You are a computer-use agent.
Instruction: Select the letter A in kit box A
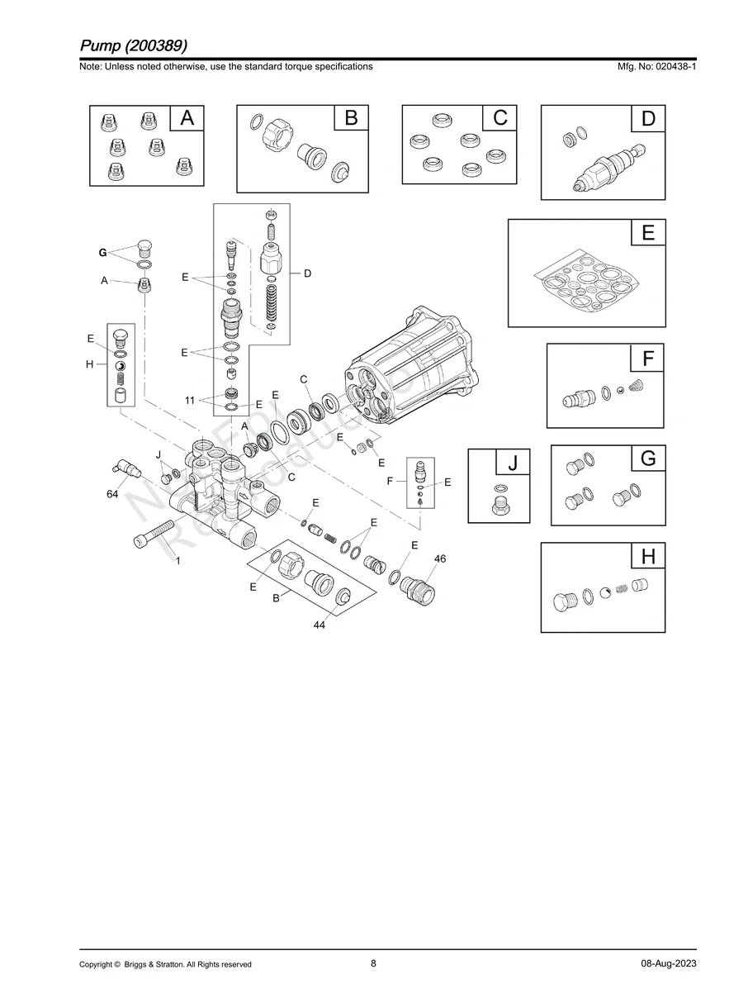(x=187, y=119)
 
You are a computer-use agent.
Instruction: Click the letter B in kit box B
(x=351, y=119)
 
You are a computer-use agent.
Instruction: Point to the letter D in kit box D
(x=648, y=119)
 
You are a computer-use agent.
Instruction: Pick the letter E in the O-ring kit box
(x=648, y=234)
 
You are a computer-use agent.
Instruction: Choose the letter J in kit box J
(x=513, y=464)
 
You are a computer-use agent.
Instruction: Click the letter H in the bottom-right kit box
(x=648, y=558)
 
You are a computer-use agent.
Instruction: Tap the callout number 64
(x=113, y=494)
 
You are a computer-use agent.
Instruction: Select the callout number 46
(x=440, y=559)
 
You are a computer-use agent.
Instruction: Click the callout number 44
(x=319, y=625)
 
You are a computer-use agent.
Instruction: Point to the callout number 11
(x=190, y=400)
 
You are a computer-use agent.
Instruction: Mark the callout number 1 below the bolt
(x=177, y=561)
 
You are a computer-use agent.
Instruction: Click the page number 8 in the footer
(x=373, y=963)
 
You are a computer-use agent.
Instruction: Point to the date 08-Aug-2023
(x=668, y=964)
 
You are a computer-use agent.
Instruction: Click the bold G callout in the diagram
(x=102, y=252)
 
